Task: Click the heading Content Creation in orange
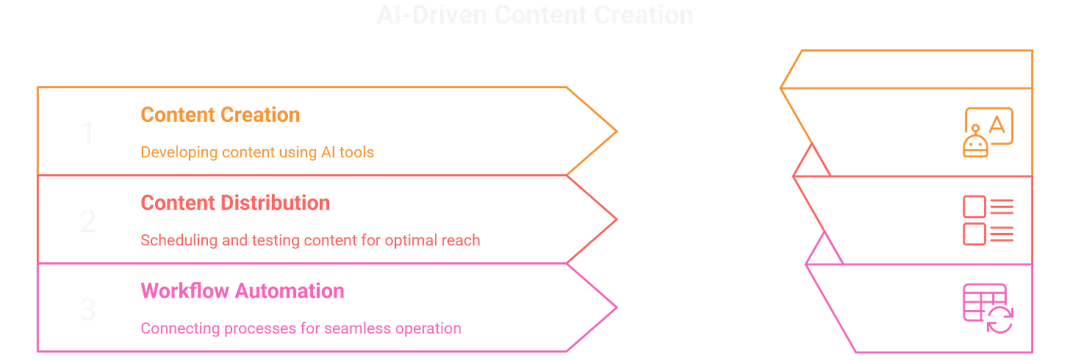pyautogui.click(x=220, y=115)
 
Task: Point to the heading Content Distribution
pyautogui.click(x=234, y=202)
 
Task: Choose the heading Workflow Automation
pyautogui.click(x=242, y=291)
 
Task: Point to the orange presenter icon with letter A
pyautogui.click(x=987, y=130)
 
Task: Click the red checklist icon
pyautogui.click(x=987, y=219)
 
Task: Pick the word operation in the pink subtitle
pyautogui.click(x=431, y=328)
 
